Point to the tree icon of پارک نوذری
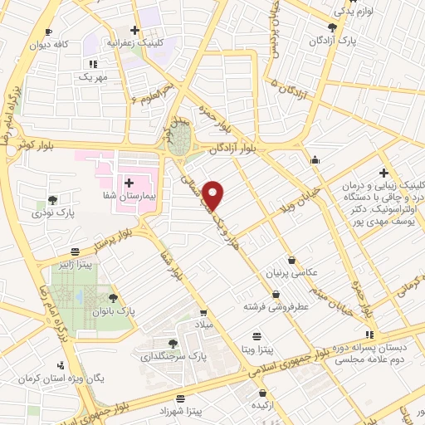pyautogui.click(x=53, y=199)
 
